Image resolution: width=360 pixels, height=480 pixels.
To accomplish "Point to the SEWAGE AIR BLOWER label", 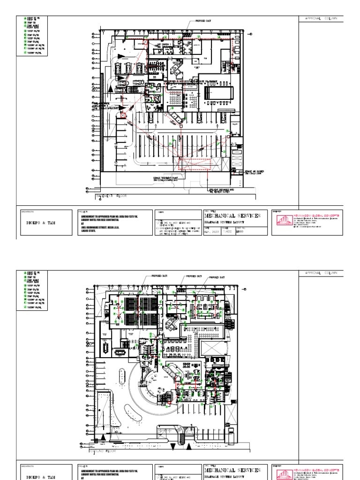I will pos(254,172).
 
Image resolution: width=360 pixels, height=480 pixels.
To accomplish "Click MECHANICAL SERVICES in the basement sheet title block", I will pos(232,216).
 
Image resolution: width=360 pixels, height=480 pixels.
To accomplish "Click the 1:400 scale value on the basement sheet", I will pos(228,231).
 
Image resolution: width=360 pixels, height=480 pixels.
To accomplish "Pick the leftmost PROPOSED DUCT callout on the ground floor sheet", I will pos(160,277).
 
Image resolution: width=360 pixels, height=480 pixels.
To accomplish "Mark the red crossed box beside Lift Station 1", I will pos(145,42).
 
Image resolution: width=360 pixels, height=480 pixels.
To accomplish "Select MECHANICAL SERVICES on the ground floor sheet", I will pos(232,470).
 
